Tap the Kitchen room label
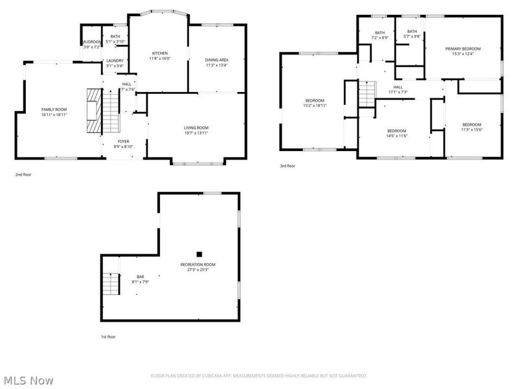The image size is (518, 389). pyautogui.click(x=160, y=53)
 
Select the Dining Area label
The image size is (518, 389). pyautogui.click(x=217, y=60)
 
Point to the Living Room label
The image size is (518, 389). pyautogui.click(x=196, y=128)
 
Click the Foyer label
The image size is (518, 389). pyautogui.click(x=123, y=141)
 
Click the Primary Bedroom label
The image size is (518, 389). pyautogui.click(x=462, y=49)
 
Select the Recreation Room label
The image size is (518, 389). pyautogui.click(x=198, y=265)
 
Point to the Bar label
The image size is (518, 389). pyautogui.click(x=140, y=276)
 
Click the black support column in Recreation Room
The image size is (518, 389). pyautogui.click(x=199, y=254)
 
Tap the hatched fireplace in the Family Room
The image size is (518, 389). pyautogui.click(x=95, y=110)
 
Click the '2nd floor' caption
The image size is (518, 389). pyautogui.click(x=23, y=174)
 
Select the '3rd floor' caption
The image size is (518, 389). pyautogui.click(x=287, y=167)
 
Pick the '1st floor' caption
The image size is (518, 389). pyautogui.click(x=108, y=336)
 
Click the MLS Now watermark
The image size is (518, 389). pyautogui.click(x=28, y=381)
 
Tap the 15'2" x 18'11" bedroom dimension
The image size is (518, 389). pyautogui.click(x=315, y=105)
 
